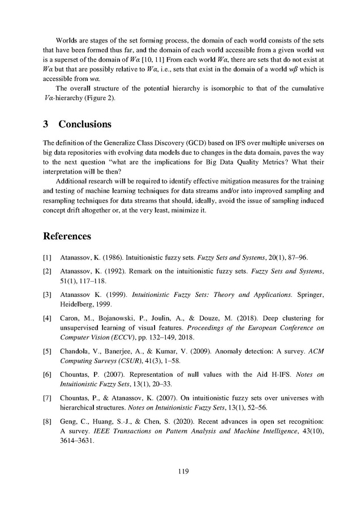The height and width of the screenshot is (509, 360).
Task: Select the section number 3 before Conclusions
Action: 45,124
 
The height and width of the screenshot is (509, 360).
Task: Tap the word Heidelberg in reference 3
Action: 78,304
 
